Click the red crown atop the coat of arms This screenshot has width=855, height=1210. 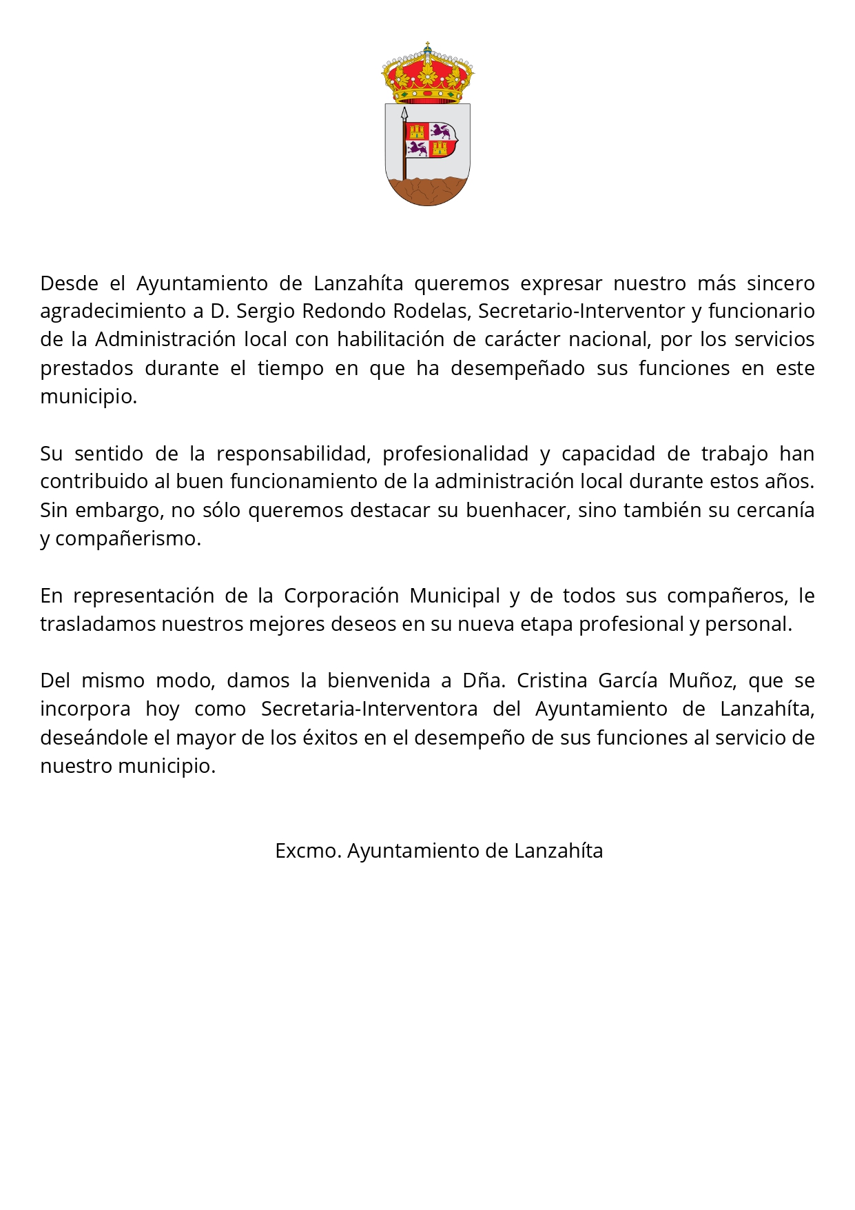pyautogui.click(x=428, y=74)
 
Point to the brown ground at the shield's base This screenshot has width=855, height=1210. pyautogui.click(x=428, y=190)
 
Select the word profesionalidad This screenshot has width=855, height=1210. pyautogui.click(x=455, y=454)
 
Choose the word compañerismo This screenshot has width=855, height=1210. pyautogui.click(x=128, y=538)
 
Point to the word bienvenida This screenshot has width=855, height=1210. pyautogui.click(x=379, y=680)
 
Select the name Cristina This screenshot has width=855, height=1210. pyautogui.click(x=551, y=680)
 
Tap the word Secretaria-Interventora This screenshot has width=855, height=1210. pyautogui.click(x=369, y=709)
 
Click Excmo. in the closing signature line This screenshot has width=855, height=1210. pyautogui.click(x=308, y=851)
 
